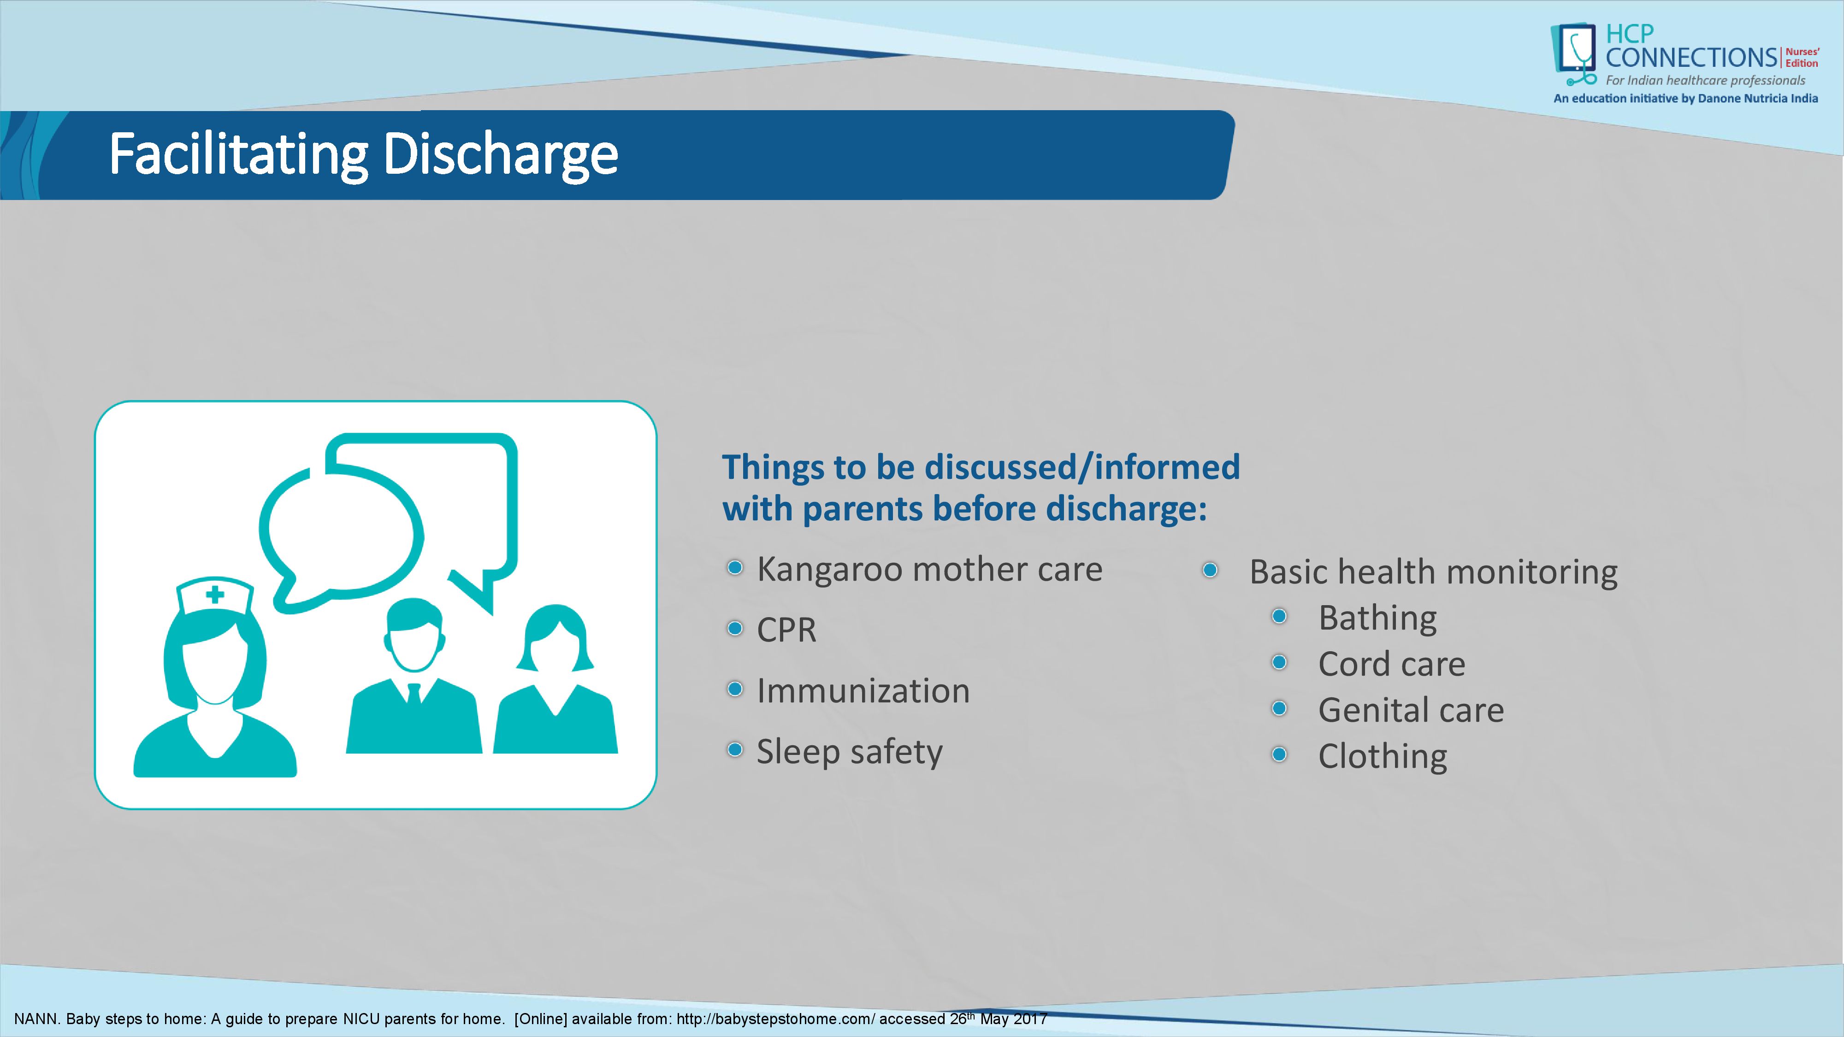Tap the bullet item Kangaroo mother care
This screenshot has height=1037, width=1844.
tap(929, 570)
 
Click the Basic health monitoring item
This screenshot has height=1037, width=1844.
tap(1433, 572)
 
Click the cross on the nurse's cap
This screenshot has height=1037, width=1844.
tap(215, 595)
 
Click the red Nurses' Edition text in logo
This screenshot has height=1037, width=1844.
tap(1801, 57)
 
